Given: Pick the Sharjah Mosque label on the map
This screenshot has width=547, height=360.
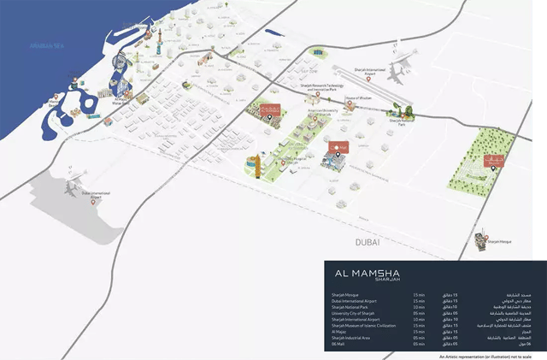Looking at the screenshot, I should (x=498, y=242).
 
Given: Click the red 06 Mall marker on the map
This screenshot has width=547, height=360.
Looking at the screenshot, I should (x=337, y=146).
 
